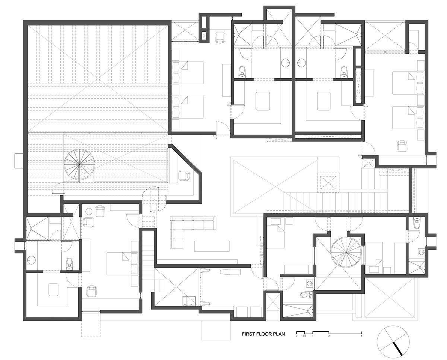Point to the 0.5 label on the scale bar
tap(305, 336)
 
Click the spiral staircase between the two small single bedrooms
tap(346, 252)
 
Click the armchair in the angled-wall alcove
tap(184, 175)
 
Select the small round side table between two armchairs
tap(89, 212)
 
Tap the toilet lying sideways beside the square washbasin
tap(304, 294)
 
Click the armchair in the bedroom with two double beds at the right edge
tap(402, 146)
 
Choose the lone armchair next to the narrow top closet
tap(220, 37)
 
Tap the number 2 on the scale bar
tap(329, 336)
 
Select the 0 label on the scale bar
tap(297, 336)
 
